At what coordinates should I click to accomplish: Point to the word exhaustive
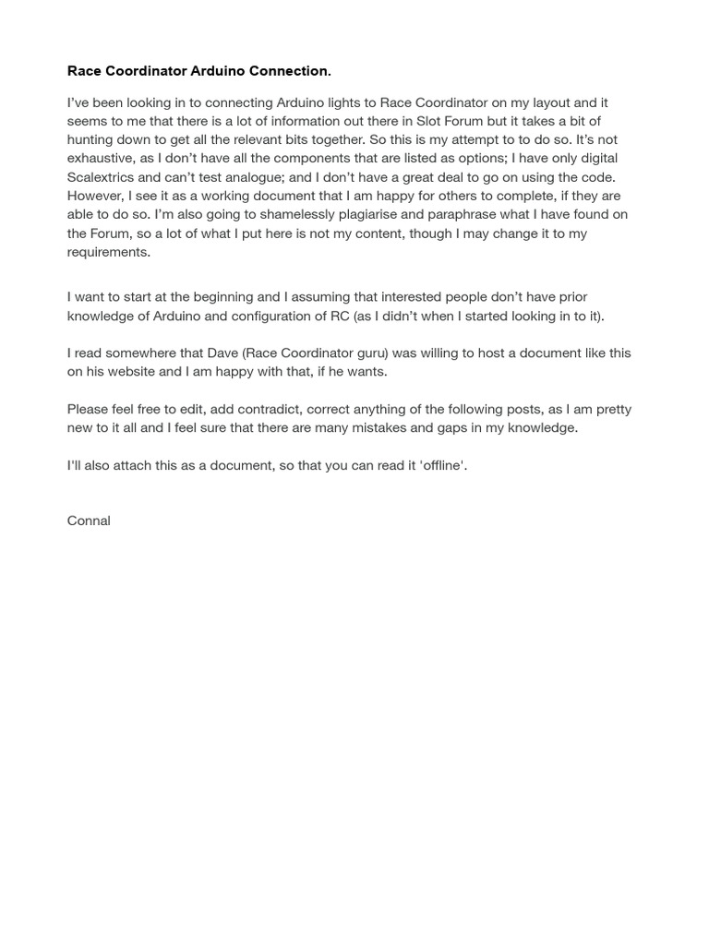pyautogui.click(x=102, y=159)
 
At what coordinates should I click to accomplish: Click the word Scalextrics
pyautogui.click(x=103, y=177)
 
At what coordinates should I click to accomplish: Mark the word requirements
pyautogui.click(x=108, y=252)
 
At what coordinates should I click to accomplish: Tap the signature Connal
pyautogui.click(x=89, y=520)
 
